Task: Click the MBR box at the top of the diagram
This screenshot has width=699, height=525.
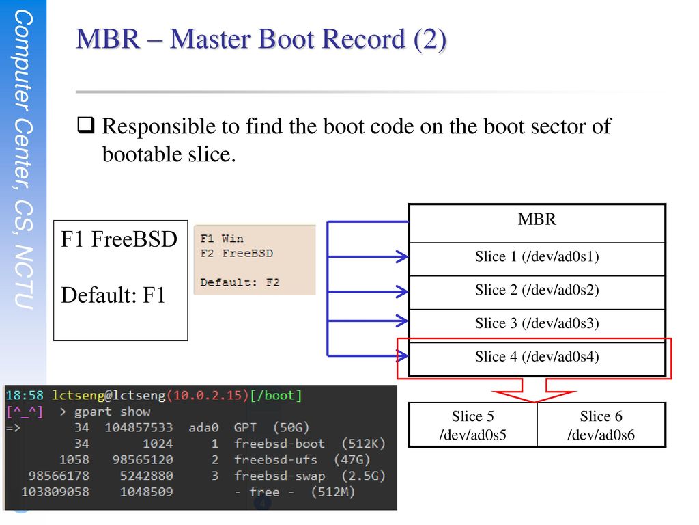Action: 537,224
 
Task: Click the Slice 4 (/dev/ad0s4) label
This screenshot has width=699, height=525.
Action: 537,357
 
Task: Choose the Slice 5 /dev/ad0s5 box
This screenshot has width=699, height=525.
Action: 473,425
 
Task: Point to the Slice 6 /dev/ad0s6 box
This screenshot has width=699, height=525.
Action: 601,425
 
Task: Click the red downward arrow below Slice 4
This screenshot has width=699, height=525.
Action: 534,390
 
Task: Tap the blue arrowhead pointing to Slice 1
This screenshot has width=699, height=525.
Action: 403,257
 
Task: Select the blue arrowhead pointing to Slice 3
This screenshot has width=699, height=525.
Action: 403,321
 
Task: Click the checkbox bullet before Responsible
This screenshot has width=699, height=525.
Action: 86,126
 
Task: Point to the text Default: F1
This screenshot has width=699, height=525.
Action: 113,295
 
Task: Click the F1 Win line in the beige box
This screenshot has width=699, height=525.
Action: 222,239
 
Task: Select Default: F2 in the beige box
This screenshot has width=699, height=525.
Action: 240,282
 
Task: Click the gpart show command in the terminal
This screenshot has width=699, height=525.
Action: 113,412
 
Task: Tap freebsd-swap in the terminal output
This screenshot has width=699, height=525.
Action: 279,476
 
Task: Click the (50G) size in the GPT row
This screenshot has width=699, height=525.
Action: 291,428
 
